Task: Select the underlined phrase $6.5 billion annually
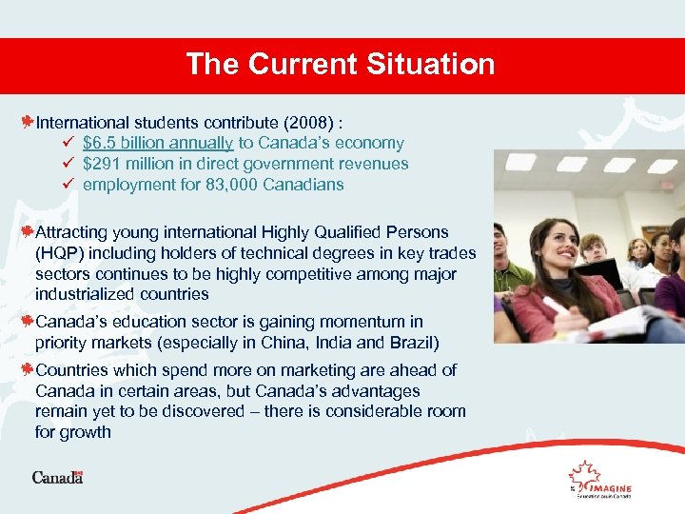(x=158, y=143)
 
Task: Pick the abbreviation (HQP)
(x=60, y=253)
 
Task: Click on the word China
(x=295, y=343)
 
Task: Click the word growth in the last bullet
(x=87, y=432)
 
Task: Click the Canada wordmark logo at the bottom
(x=57, y=477)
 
